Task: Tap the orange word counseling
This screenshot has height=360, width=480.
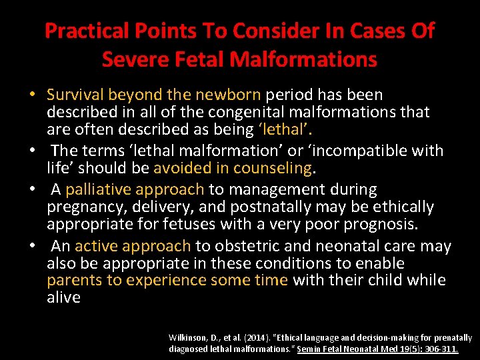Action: tap(280, 167)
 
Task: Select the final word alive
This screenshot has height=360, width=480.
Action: tap(63, 297)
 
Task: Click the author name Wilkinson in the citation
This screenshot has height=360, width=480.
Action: tap(189, 339)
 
